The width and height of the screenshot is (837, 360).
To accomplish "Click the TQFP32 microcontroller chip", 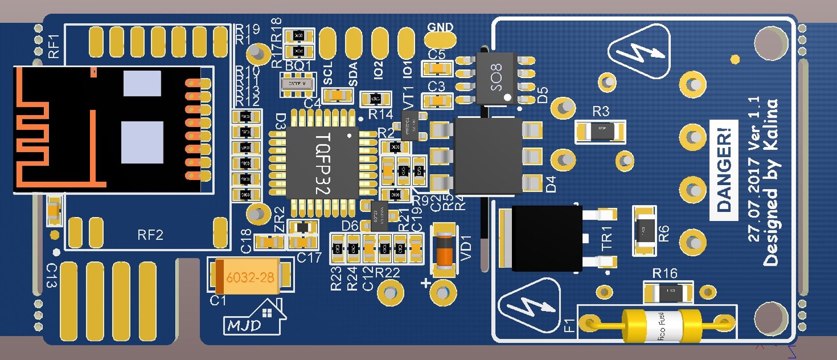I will click(322, 163).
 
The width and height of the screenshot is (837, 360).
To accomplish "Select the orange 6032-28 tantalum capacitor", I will click(250, 276).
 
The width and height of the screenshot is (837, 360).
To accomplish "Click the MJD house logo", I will click(254, 318).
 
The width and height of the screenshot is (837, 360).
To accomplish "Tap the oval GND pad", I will click(440, 40).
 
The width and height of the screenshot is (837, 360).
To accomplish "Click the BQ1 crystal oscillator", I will click(297, 84).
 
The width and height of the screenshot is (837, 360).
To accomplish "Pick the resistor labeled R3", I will click(600, 132).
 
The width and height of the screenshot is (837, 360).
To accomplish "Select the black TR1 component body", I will click(547, 238).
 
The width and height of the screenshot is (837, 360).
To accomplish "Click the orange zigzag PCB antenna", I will click(37, 132).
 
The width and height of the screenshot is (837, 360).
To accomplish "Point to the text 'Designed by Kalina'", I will click(770, 183).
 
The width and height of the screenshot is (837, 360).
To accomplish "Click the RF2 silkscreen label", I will click(150, 235).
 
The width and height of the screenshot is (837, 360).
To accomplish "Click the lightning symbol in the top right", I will click(639, 53).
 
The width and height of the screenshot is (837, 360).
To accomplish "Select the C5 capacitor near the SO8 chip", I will click(437, 69).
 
